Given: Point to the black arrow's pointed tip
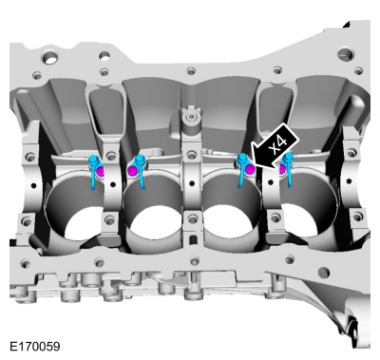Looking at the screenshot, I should [x=250, y=168].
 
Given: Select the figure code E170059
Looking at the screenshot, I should [x=33, y=348].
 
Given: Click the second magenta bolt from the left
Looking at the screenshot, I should [x=134, y=171].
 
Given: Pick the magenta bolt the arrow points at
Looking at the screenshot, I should [x=246, y=170].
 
